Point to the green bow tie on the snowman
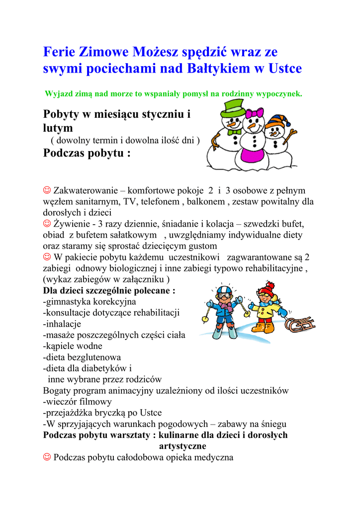point(234,132)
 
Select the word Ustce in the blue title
point(285,69)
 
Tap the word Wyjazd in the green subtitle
point(59,93)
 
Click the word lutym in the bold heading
point(58,128)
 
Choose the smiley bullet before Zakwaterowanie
point(48,190)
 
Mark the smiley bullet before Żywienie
point(48,224)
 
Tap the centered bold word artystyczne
point(182,446)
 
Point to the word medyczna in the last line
point(215,457)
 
